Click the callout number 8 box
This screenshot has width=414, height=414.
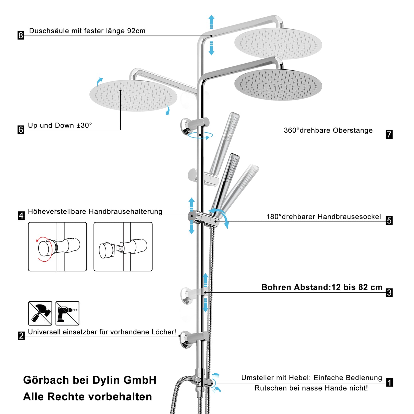21,35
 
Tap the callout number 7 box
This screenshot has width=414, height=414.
389,134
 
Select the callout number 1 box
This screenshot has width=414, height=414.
389,382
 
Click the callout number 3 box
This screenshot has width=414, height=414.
389,293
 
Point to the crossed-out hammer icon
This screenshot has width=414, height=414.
40,313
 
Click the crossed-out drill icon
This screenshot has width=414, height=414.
67,313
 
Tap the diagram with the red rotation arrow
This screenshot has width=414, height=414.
57,246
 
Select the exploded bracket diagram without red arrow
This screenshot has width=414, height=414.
123,246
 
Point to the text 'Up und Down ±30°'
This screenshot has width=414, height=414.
60,125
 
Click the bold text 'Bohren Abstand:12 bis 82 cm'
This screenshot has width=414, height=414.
322,287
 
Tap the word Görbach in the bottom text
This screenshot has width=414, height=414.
46,380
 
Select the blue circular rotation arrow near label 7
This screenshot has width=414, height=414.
200,136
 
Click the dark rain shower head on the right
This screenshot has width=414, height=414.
278,85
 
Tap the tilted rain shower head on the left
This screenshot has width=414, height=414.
133,95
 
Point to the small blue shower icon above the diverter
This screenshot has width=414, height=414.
216,375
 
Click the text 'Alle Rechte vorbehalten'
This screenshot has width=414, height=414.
87,397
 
